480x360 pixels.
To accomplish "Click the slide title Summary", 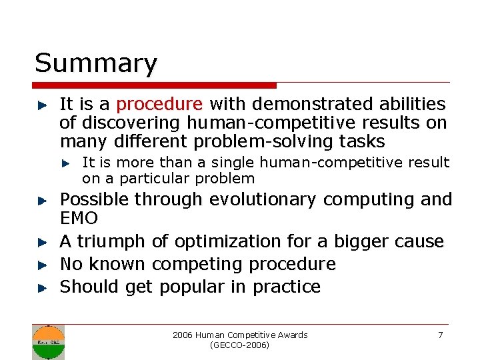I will point(96,64).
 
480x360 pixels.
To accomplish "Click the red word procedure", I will point(159,104).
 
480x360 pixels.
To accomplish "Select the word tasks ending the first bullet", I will point(361,141).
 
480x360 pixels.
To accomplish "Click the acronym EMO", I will point(79,218).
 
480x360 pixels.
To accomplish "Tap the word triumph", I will point(114,241).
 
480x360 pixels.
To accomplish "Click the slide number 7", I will point(440,335).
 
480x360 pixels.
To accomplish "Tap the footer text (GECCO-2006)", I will point(239,345).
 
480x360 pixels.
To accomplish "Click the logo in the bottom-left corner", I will point(49,342).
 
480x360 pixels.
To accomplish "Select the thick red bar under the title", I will point(154,85).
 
